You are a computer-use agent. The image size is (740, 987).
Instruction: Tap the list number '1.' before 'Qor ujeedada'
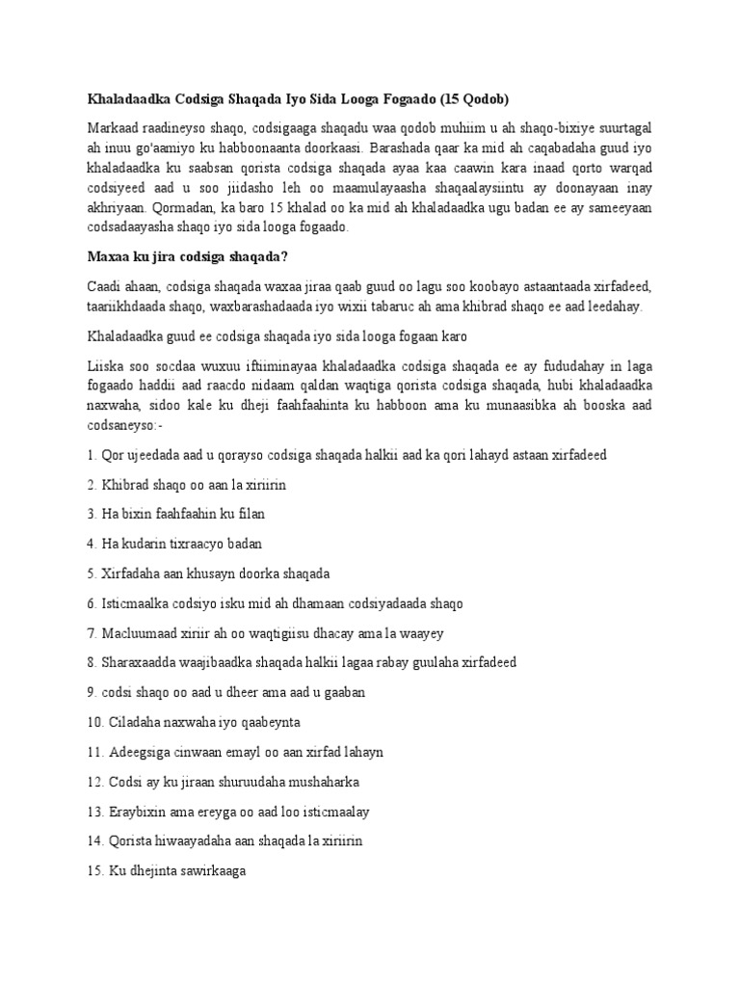[x=92, y=454]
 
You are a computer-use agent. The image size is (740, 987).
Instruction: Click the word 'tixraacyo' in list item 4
[x=193, y=544]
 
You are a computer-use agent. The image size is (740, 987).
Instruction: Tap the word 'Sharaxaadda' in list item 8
[x=138, y=662]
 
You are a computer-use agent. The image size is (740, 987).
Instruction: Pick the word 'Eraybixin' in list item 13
[x=136, y=811]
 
